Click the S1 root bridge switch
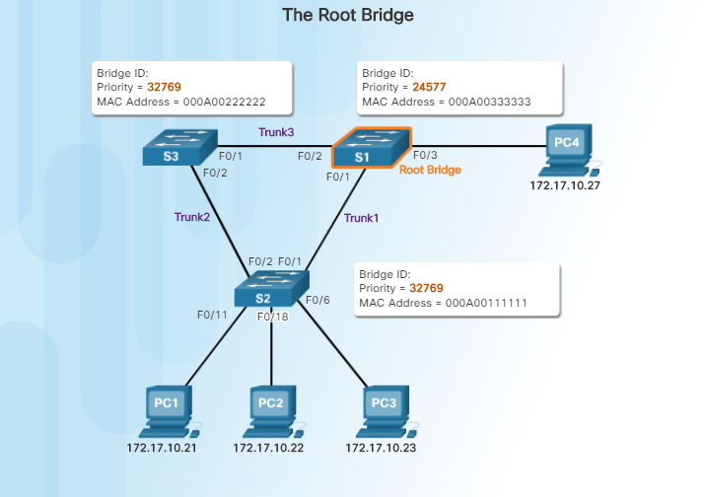(x=371, y=149)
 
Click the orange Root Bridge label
(x=430, y=170)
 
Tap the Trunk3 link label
(x=276, y=131)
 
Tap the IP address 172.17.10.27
(x=564, y=184)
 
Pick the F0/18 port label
(x=273, y=317)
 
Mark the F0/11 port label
(x=212, y=315)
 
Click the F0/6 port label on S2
(x=317, y=299)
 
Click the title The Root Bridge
(x=348, y=15)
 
